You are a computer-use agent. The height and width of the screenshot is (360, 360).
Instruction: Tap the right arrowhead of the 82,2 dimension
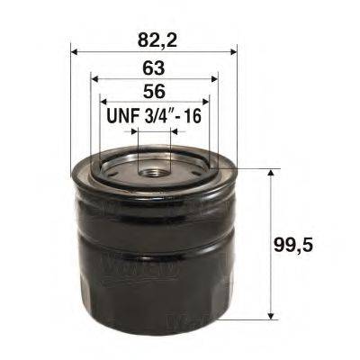coord(233,51)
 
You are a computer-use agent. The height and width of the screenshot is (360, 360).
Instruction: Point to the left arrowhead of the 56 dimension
coord(103,102)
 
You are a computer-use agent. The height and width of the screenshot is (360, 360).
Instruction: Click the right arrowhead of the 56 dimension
coord(206,102)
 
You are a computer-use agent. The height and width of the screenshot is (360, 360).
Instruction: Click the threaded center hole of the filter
coord(153,166)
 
